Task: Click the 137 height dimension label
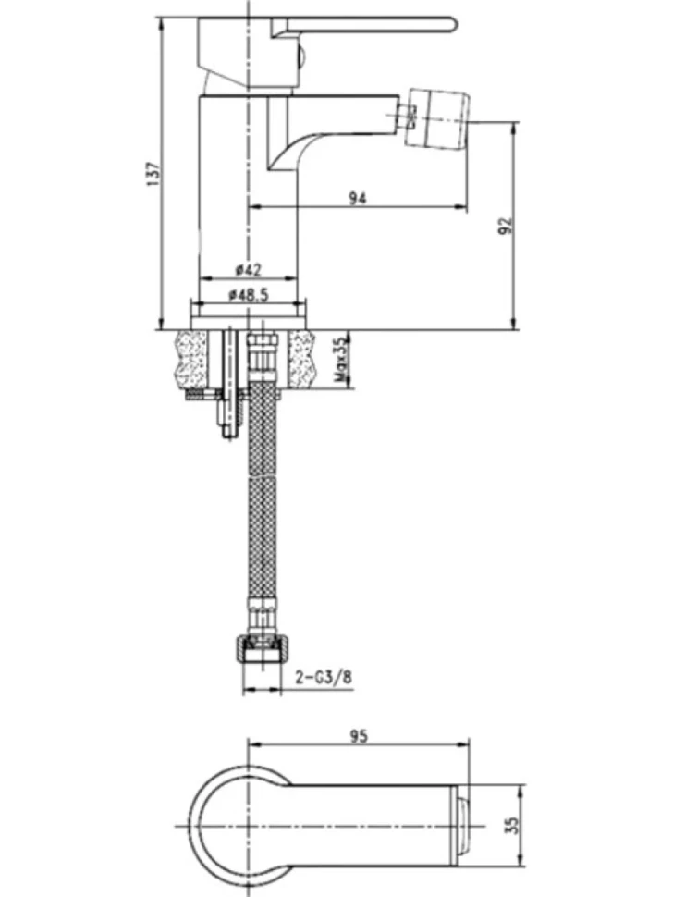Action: pyautogui.click(x=153, y=174)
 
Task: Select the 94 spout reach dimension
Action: pyautogui.click(x=358, y=199)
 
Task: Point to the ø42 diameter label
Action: pyautogui.click(x=248, y=269)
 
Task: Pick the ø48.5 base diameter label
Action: pyautogui.click(x=248, y=295)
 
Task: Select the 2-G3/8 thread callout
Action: pyautogui.click(x=324, y=677)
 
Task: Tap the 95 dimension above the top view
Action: pyautogui.click(x=359, y=736)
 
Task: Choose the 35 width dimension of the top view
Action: pyautogui.click(x=512, y=824)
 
